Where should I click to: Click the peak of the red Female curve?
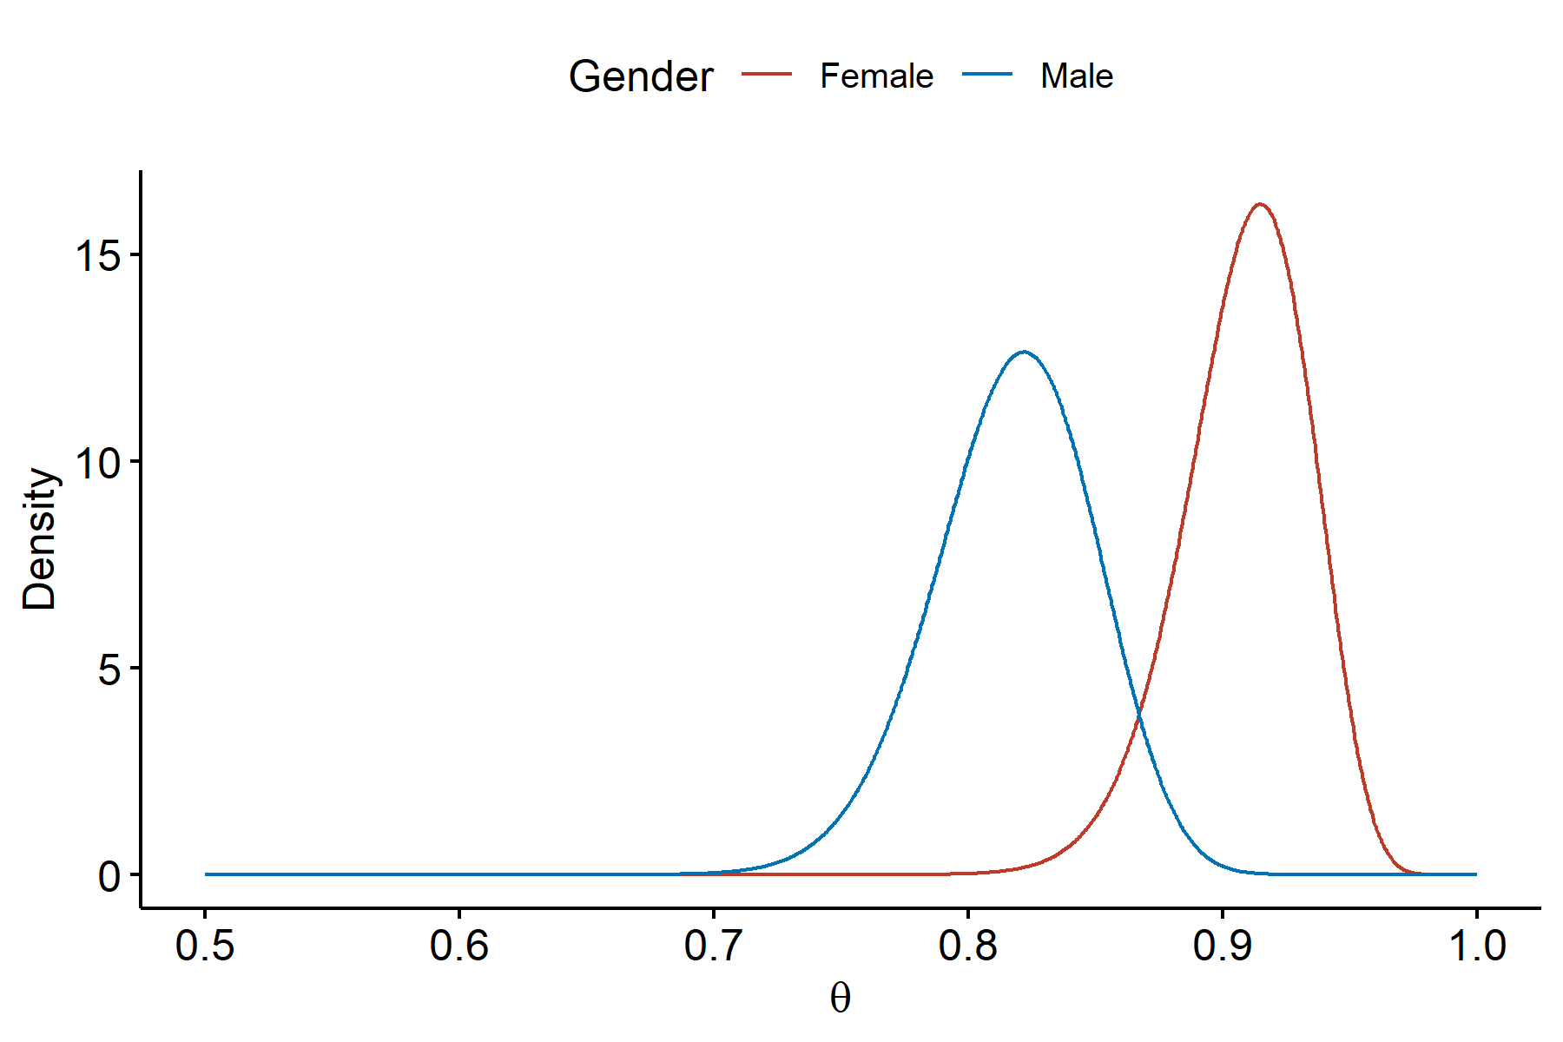[1259, 205]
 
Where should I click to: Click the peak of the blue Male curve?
[1025, 352]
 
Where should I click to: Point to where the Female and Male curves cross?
[1138, 715]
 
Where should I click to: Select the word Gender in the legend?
[641, 76]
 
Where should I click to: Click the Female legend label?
[876, 76]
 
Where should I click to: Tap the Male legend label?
[1077, 76]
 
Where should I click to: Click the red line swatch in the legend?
[767, 75]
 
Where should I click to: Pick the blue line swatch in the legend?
[987, 75]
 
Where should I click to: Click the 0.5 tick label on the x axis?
[205, 946]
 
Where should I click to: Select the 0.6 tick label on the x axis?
[459, 946]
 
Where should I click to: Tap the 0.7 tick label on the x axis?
[714, 946]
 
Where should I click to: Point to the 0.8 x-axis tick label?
[968, 946]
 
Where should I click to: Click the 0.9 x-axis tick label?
[1223, 946]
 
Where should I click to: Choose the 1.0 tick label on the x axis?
[1476, 946]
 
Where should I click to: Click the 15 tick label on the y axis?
[97, 255]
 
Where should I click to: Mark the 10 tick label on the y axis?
[97, 462]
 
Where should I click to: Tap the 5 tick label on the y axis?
[109, 669]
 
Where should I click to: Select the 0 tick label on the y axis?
[109, 875]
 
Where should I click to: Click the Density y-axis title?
[40, 538]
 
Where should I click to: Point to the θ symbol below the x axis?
[840, 999]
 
